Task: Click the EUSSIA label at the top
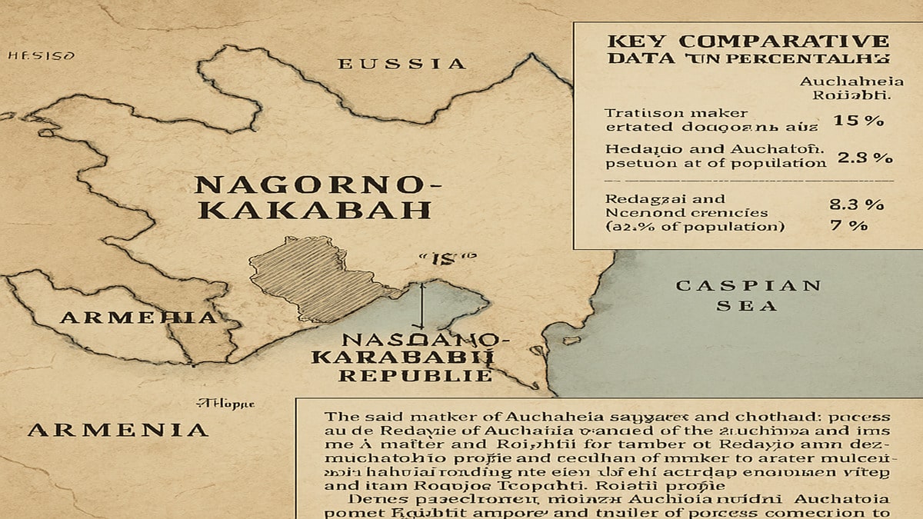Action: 402,64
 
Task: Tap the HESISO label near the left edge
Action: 41,56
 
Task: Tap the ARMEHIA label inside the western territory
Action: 138,318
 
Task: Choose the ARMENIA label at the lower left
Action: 118,430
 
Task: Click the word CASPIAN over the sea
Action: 748,286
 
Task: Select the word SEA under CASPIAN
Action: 748,305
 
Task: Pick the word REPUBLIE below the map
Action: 415,376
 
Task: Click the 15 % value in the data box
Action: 858,120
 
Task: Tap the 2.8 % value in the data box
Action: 864,158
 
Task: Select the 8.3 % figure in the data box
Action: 858,205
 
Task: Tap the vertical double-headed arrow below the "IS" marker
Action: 423,306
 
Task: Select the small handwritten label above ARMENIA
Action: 225,402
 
